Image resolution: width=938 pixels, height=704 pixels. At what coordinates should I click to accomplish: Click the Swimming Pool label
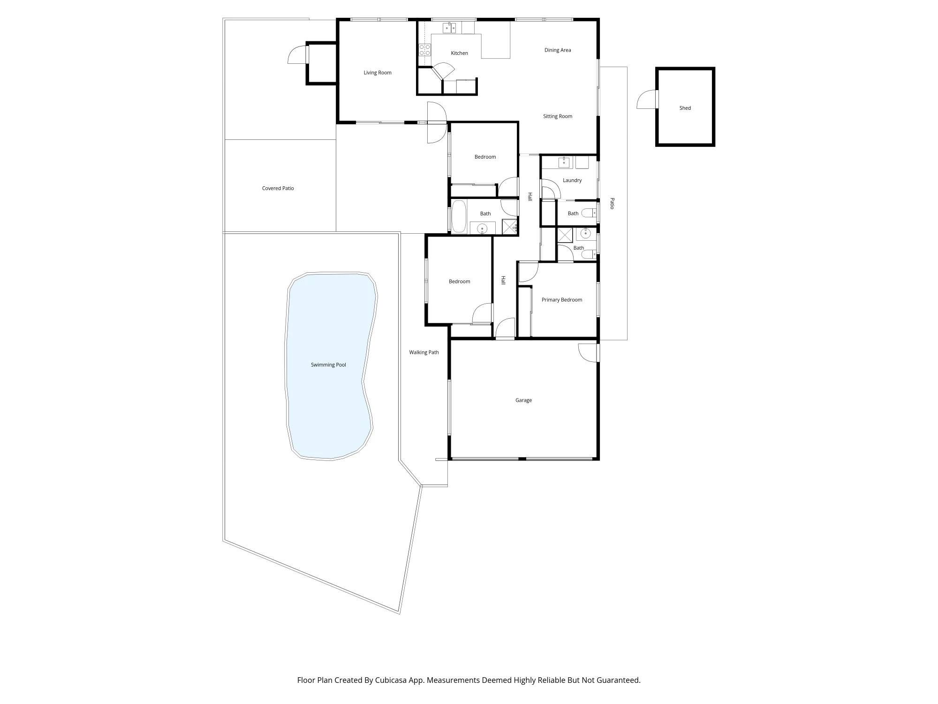328,365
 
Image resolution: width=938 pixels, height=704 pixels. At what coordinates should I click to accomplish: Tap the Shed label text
685,108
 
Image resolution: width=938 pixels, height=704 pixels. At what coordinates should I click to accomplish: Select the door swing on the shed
647,99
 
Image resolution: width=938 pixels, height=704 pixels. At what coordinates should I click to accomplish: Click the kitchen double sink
450,28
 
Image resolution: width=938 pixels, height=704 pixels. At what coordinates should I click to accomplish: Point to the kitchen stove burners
425,50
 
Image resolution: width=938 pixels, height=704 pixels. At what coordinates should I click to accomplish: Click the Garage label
523,400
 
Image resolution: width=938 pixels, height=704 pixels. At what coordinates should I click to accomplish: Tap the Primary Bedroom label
562,300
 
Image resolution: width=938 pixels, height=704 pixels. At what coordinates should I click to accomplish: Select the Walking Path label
424,352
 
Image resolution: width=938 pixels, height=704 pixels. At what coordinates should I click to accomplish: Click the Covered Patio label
278,188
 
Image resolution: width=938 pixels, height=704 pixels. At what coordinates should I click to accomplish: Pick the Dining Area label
558,50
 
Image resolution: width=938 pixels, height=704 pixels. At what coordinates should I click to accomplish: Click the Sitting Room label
558,116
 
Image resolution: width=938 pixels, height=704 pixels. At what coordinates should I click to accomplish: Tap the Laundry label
572,180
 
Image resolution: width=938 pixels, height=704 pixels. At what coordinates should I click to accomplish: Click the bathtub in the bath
458,217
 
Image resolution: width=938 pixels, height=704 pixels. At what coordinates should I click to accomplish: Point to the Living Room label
378,73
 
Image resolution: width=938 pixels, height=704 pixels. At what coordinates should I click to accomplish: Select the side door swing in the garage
588,353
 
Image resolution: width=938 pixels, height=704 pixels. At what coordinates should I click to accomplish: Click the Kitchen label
460,53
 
